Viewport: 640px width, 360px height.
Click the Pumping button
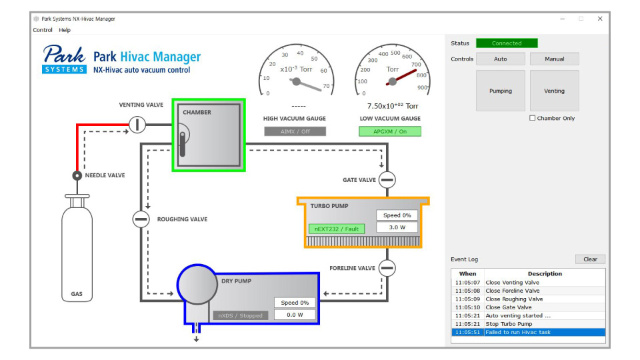coord(501,91)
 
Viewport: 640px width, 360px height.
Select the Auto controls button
coord(501,59)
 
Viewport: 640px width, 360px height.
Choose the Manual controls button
coord(554,59)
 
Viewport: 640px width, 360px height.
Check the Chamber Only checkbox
coord(533,118)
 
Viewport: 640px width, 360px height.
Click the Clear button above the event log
coord(590,259)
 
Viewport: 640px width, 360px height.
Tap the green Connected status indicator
coord(507,43)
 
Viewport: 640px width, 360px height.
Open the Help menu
coord(65,30)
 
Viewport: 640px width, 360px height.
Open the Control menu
coord(43,30)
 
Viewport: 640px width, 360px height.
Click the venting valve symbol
coord(137,124)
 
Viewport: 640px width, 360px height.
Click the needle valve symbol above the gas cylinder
coord(77,176)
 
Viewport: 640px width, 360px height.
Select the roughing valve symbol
coord(141,219)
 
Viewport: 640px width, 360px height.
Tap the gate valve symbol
coord(387,179)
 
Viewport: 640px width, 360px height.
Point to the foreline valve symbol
coord(387,268)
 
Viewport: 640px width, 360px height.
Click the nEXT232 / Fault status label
coord(337,229)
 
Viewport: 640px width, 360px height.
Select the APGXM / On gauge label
coord(390,131)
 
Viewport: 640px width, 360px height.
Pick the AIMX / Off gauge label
coord(295,131)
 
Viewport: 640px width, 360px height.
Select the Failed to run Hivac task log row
coord(528,332)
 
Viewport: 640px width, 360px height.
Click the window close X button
coord(600,19)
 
